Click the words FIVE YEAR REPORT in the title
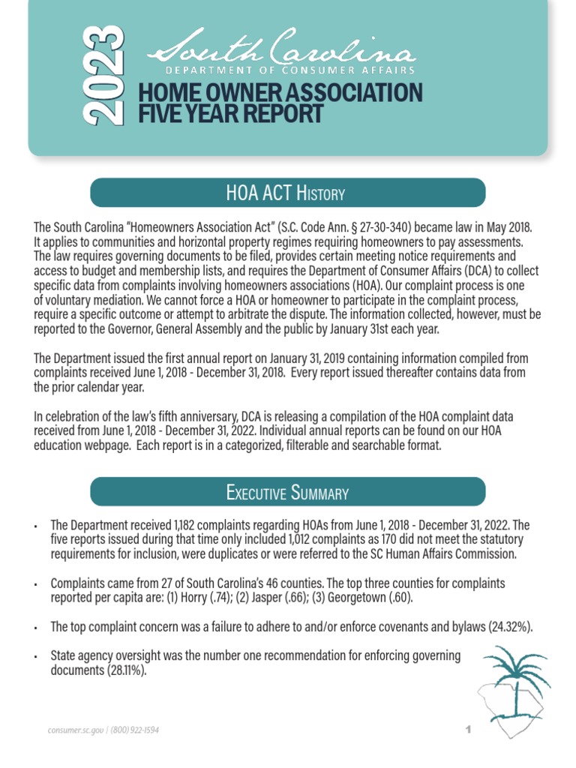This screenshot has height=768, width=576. pyautogui.click(x=231, y=115)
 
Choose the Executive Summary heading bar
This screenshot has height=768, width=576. pyautogui.click(x=288, y=493)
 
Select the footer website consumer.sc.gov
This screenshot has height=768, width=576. pyautogui.click(x=74, y=730)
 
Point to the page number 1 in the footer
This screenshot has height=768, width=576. pyautogui.click(x=466, y=729)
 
